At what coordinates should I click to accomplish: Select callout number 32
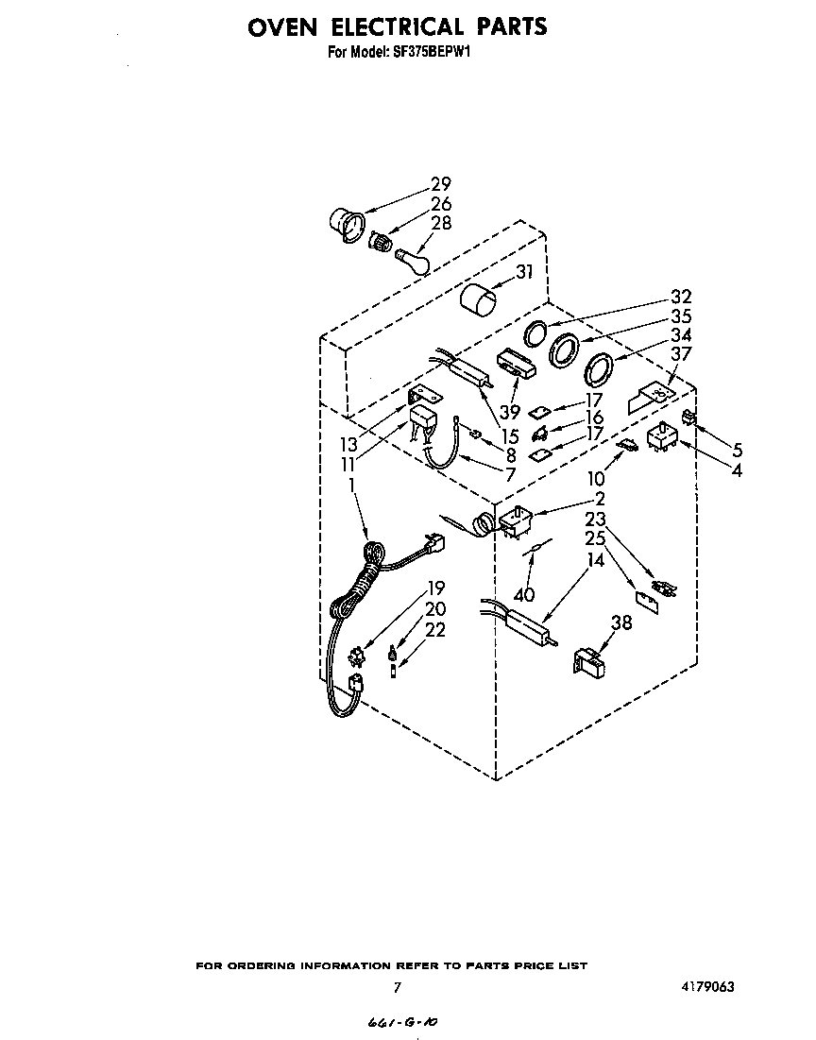pyautogui.click(x=681, y=297)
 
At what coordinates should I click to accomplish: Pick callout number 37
pyautogui.click(x=681, y=354)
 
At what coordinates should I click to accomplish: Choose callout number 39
pyautogui.click(x=510, y=412)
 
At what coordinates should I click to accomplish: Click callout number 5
pyautogui.click(x=737, y=451)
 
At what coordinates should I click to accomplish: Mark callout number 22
pyautogui.click(x=434, y=630)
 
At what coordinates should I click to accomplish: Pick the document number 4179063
pyautogui.click(x=705, y=987)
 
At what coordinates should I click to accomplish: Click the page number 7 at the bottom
pyautogui.click(x=398, y=988)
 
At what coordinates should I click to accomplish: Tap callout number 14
pyautogui.click(x=595, y=560)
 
